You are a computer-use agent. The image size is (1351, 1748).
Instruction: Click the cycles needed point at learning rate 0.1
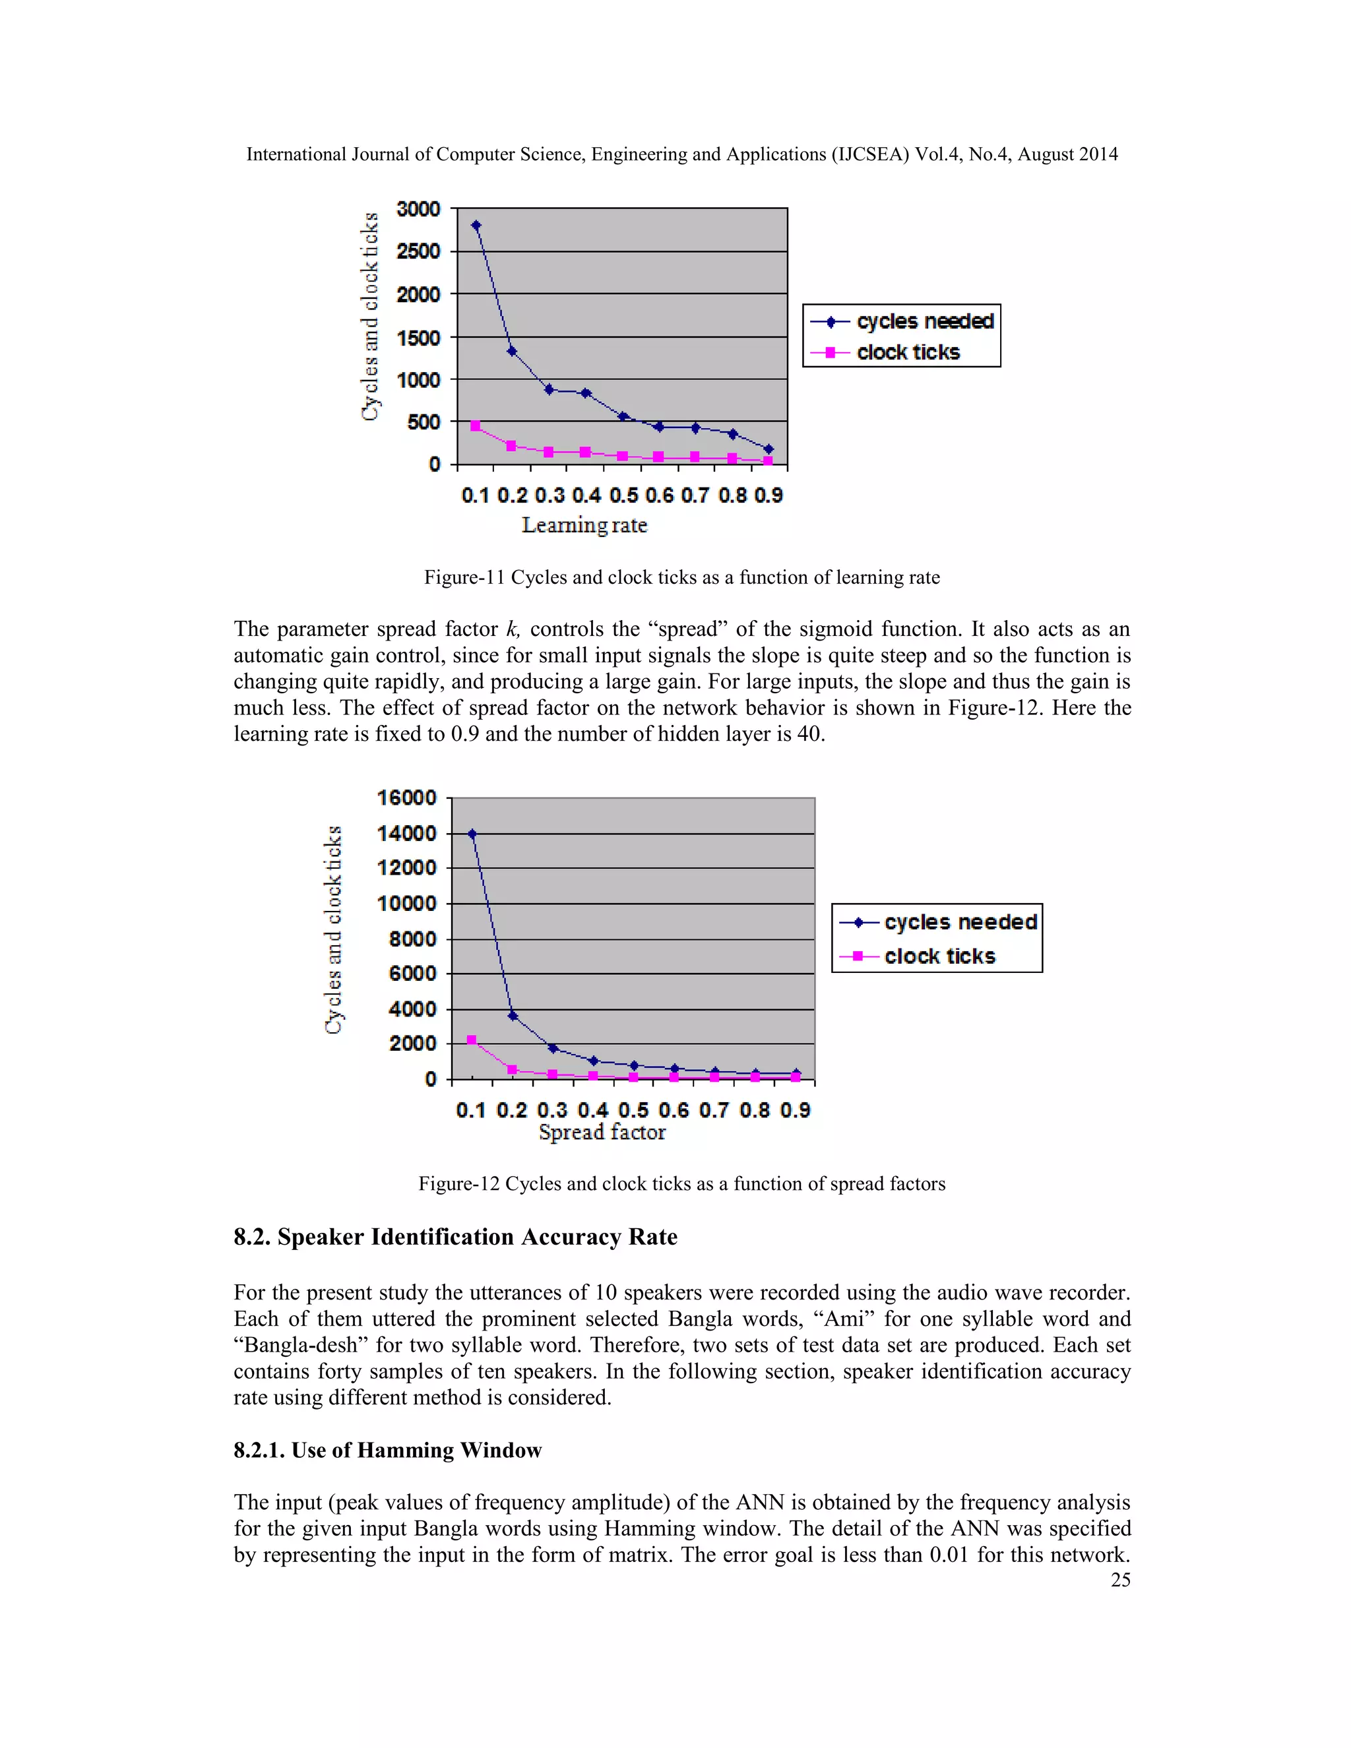coord(476,226)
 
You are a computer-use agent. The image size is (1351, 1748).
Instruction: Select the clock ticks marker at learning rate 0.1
coord(476,426)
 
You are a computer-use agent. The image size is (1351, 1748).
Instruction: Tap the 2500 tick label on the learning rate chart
coord(419,251)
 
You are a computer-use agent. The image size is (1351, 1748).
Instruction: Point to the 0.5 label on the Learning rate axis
coord(623,495)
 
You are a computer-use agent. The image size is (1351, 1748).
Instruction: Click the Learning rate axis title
coord(584,525)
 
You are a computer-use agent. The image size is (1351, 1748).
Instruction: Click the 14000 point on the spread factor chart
coord(472,834)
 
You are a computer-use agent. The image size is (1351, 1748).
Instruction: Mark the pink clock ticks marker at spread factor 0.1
coord(472,1040)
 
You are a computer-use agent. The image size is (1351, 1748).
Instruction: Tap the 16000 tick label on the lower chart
coord(406,798)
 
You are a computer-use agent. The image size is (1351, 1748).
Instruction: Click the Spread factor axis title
coord(602,1132)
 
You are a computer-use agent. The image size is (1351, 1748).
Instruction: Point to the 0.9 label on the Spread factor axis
coord(795,1110)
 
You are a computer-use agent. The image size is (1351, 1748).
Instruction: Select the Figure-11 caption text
coord(682,577)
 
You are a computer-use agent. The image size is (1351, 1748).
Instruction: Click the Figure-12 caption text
coord(682,1184)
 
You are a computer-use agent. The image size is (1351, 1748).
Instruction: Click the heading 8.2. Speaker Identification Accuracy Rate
coord(455,1237)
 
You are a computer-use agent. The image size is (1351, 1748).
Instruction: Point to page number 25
coord(1119,1579)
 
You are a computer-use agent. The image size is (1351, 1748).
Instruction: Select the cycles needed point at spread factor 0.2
coord(512,1016)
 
